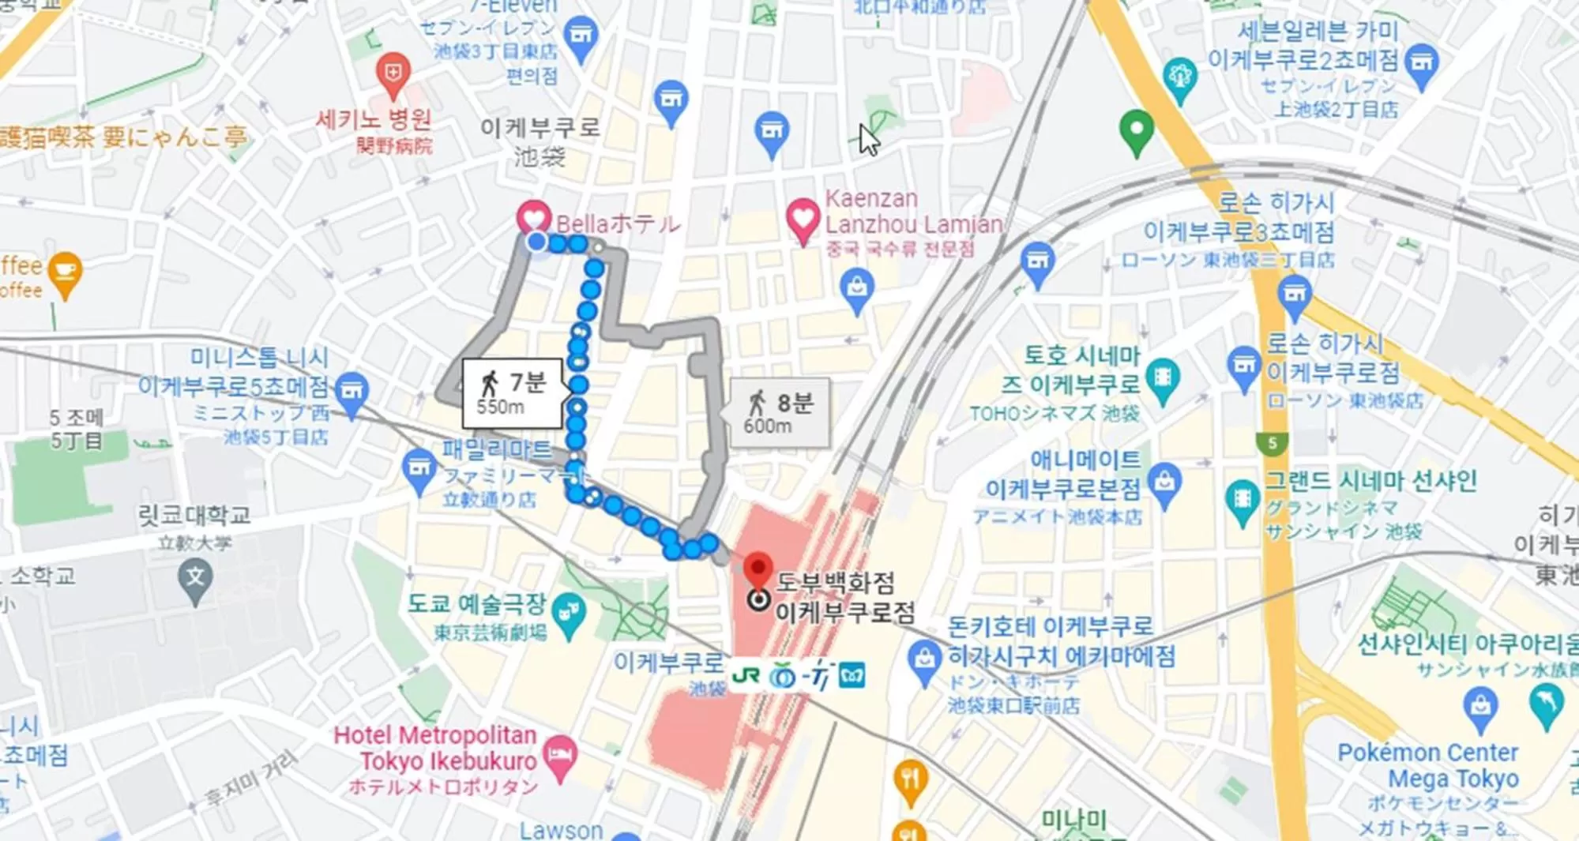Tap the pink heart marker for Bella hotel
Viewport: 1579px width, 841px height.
point(534,216)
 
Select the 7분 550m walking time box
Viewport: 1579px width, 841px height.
point(513,393)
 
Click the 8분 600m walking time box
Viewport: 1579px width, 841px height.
point(780,413)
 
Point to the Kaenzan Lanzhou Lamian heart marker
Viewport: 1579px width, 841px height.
point(803,218)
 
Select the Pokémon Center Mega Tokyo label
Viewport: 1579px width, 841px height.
point(1427,765)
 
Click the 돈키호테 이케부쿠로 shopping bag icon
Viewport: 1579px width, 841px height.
point(923,659)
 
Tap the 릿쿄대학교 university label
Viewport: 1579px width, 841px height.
point(194,516)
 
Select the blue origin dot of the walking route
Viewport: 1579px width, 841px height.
point(536,242)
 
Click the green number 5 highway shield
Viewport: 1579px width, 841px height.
point(1272,444)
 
